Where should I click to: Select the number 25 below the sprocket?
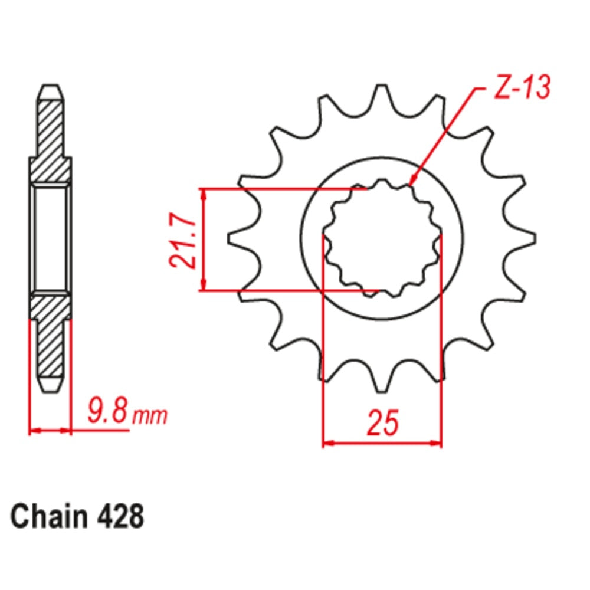point(382,422)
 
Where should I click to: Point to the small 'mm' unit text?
point(149,416)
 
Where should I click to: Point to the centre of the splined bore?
point(382,239)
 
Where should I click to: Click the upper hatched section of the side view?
point(50,142)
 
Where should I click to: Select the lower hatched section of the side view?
point(50,336)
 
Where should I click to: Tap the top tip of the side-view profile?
point(50,88)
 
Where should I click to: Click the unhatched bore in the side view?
point(51,239)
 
